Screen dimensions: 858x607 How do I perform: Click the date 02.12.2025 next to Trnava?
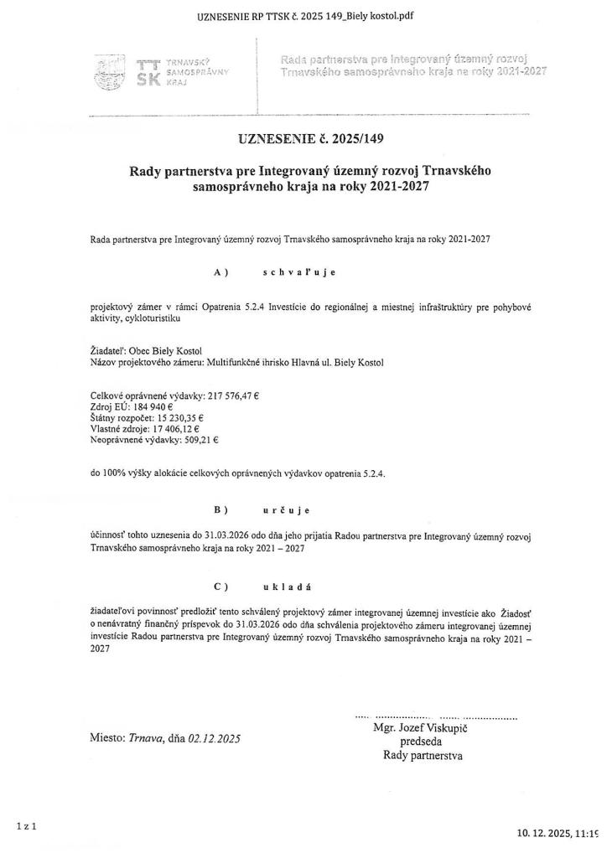pyautogui.click(x=215, y=739)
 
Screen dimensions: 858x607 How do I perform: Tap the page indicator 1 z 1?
pyautogui.click(x=26, y=825)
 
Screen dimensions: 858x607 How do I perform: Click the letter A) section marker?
pyautogui.click(x=221, y=272)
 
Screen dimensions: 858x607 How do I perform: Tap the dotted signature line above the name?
pyautogui.click(x=436, y=717)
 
